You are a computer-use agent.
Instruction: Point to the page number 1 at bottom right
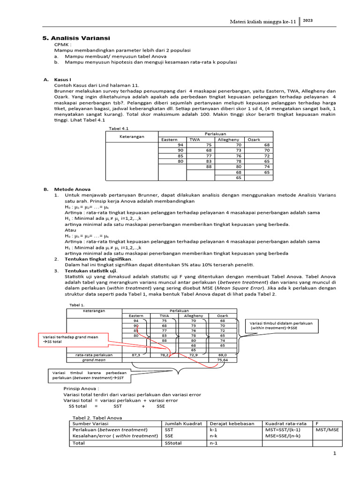335,453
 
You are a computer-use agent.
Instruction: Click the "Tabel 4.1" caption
118,128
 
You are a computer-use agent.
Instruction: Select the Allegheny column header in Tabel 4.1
228,140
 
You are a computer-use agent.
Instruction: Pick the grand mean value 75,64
228,360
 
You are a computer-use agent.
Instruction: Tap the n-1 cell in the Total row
214,442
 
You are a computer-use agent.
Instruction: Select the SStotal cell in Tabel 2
173,442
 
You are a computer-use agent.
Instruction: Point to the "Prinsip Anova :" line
81,389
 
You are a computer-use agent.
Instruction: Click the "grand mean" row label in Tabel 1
94,360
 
